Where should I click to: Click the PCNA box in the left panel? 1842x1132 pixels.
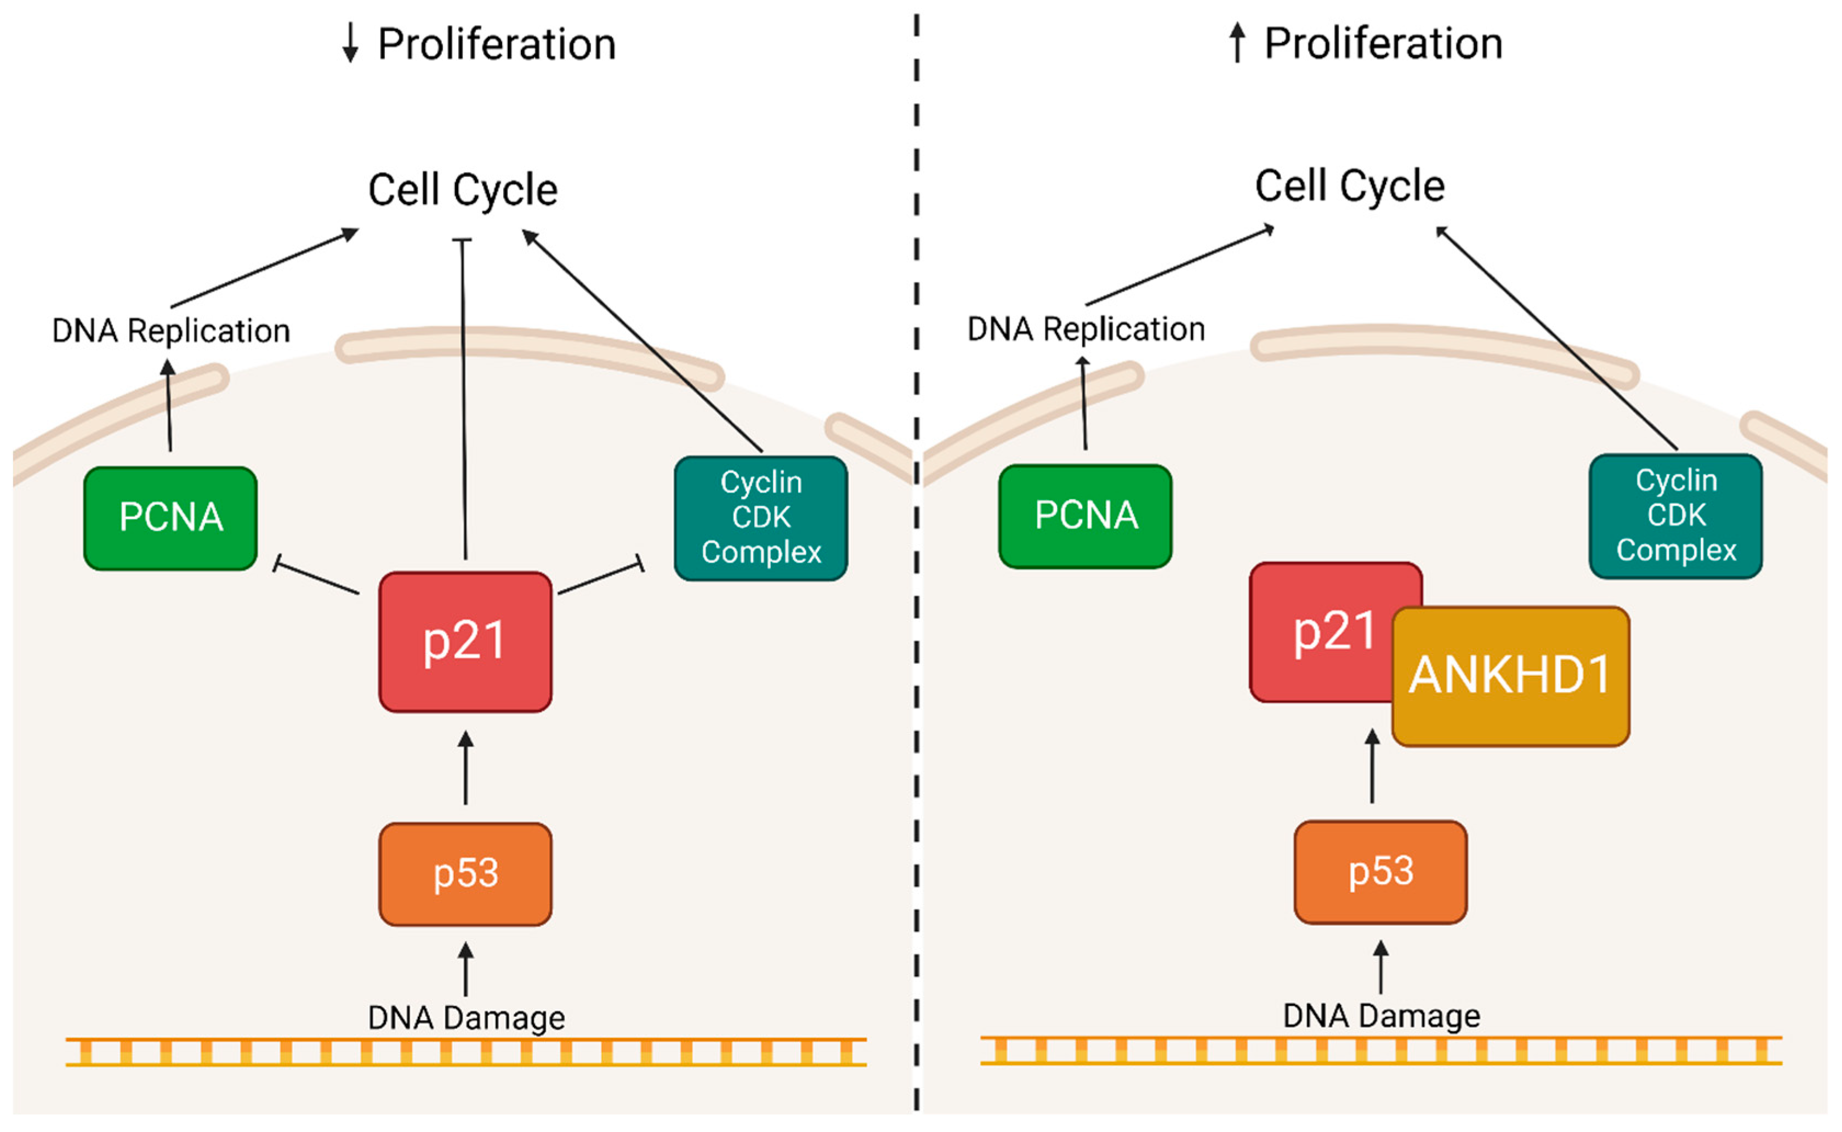[x=170, y=518]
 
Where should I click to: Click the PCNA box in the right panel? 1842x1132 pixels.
[x=1085, y=516]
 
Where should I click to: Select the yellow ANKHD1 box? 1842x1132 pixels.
[x=1510, y=676]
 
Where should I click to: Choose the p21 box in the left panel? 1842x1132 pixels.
[x=465, y=641]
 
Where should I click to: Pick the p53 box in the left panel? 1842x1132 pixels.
[x=465, y=874]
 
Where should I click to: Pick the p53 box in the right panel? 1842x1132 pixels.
[x=1380, y=872]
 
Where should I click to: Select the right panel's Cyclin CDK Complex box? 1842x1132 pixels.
[x=1676, y=516]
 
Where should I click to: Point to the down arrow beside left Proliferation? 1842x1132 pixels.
[x=350, y=43]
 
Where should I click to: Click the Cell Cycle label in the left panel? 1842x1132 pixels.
[x=463, y=190]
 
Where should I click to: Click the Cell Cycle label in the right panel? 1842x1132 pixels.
[x=1350, y=186]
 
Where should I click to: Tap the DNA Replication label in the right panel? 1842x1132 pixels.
[x=1086, y=329]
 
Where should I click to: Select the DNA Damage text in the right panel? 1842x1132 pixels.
[x=1381, y=1016]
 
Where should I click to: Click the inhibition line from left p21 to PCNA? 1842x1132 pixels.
[x=316, y=578]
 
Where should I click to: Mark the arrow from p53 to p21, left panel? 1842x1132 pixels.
[x=465, y=767]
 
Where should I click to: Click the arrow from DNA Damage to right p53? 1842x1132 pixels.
[x=1381, y=968]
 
